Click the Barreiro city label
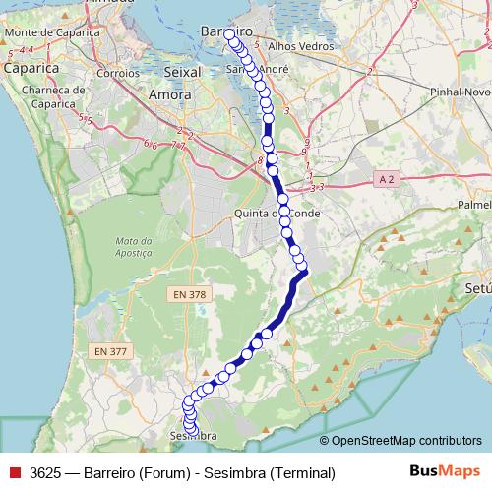227,32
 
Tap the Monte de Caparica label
52,32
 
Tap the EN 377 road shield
111,351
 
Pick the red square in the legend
15,472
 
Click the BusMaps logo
444,471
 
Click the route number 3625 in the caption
45,472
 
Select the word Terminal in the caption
304,472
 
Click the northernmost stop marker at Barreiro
230,34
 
